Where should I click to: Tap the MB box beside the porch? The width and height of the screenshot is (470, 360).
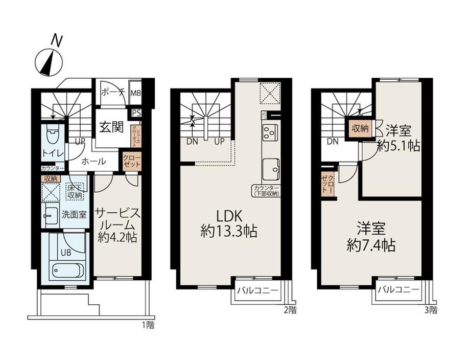(135, 93)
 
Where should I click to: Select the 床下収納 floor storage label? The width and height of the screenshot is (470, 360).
(75, 192)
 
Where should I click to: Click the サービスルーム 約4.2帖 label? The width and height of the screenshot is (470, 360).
(117, 225)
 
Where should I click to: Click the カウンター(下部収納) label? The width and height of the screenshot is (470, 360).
(266, 191)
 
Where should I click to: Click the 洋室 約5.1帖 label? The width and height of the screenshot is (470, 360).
(398, 138)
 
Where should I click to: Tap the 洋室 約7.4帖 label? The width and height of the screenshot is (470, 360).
(370, 237)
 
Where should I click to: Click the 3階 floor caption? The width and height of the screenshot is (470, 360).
(430, 309)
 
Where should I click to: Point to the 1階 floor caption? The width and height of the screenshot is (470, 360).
(148, 324)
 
